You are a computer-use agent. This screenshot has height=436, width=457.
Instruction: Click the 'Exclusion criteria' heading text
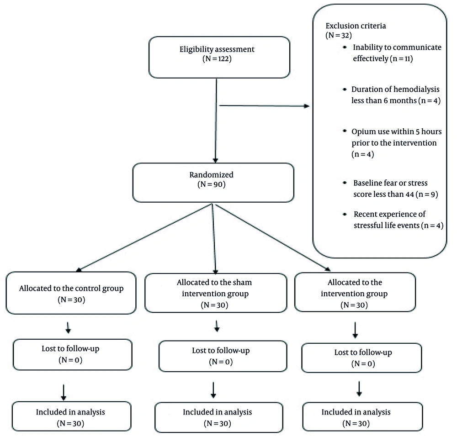click(356, 26)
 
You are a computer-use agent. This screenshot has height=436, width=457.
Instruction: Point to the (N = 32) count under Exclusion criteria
click(339, 35)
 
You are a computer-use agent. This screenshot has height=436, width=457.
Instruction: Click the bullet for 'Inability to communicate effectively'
click(345, 47)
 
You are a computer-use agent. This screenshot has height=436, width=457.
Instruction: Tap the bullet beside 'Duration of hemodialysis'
click(345, 89)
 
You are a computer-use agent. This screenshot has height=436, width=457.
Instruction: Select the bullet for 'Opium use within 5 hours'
click(345, 131)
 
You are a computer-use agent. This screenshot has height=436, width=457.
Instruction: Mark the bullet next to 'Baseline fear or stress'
click(345, 183)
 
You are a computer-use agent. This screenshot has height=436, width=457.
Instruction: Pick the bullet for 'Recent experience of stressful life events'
click(345, 214)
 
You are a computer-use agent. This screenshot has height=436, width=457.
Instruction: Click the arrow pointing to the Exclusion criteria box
click(264, 106)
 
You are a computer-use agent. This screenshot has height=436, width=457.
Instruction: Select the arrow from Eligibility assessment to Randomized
click(216, 121)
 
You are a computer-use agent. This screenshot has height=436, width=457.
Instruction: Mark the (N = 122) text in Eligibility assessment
click(217, 58)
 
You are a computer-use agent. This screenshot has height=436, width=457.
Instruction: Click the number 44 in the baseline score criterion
click(409, 194)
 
